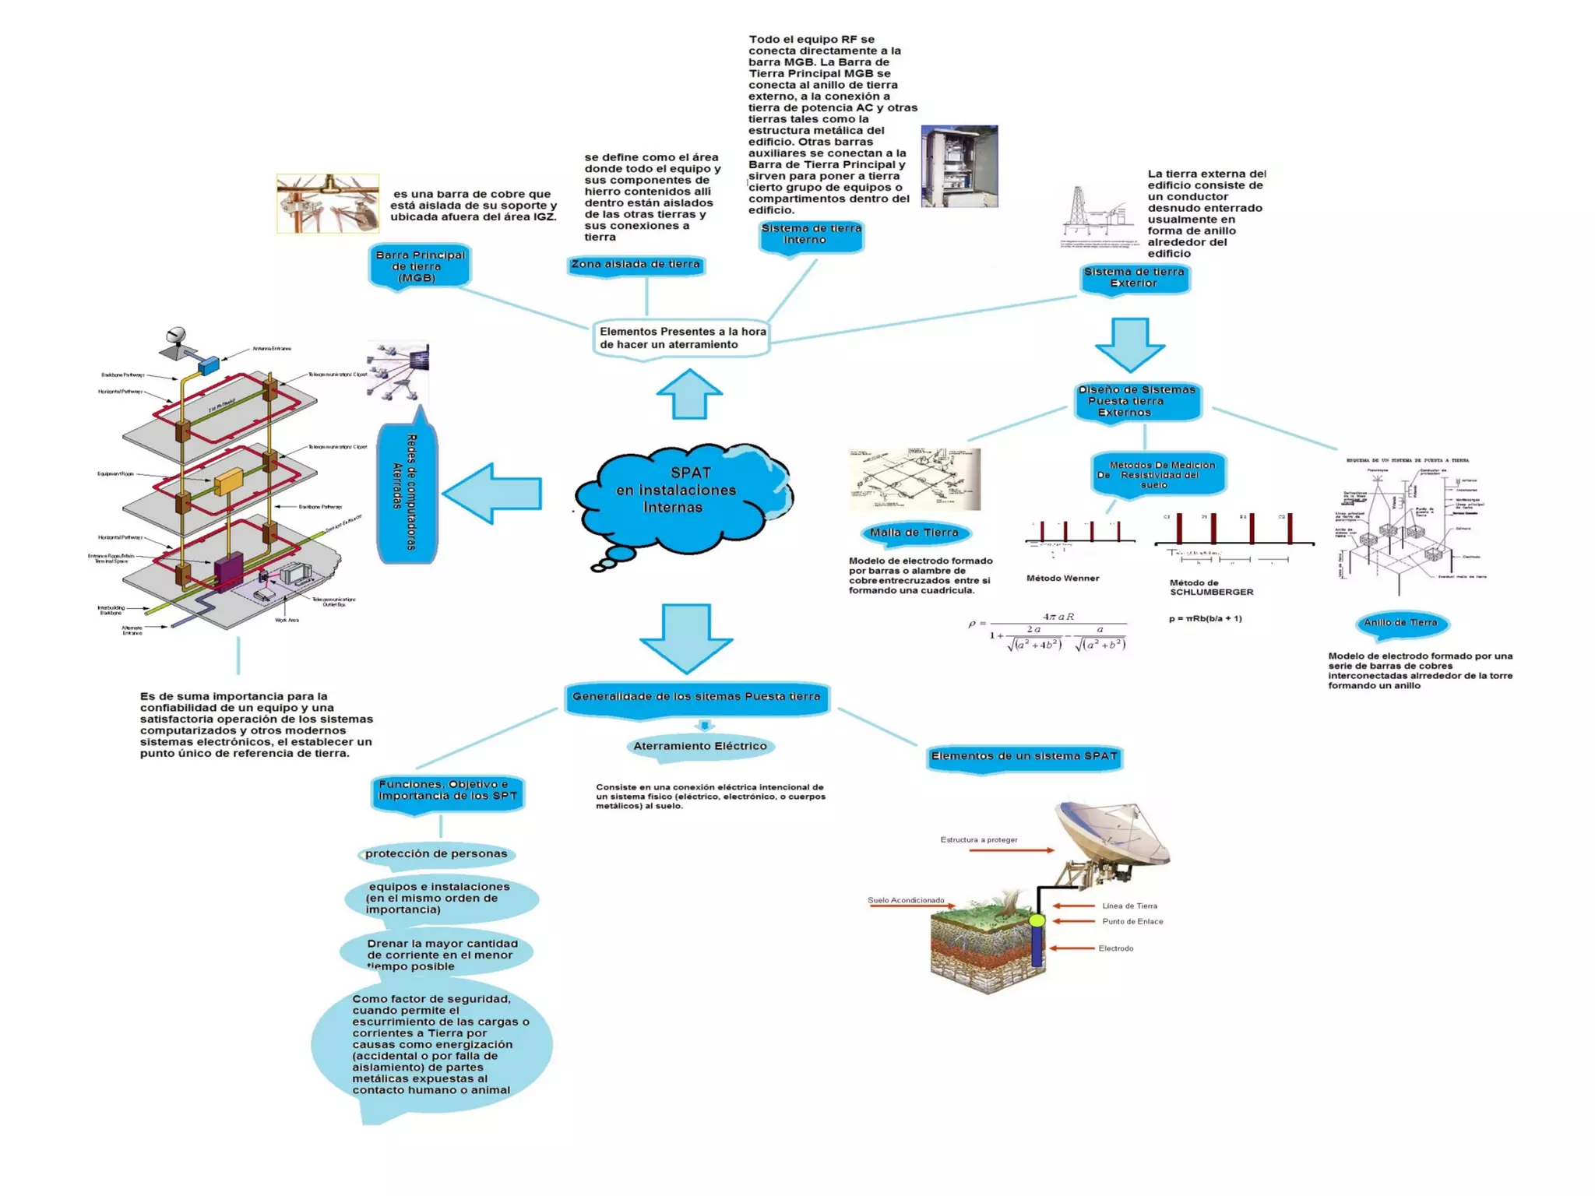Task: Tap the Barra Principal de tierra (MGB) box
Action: [x=420, y=266]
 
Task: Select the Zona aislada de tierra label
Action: [x=636, y=265]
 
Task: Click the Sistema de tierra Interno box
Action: [x=811, y=235]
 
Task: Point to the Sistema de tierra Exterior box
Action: [x=1134, y=278]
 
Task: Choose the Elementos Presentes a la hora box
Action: [x=681, y=338]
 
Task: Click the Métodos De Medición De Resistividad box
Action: [x=1158, y=474]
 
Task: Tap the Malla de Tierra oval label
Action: [x=914, y=533]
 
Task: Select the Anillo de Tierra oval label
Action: [x=1400, y=623]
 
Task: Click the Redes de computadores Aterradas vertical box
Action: [x=406, y=492]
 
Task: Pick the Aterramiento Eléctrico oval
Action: [x=699, y=746]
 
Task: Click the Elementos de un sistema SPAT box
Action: [x=1024, y=756]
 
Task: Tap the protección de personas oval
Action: [x=436, y=853]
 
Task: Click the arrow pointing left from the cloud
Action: [x=494, y=494]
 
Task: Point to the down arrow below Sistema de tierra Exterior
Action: [x=1129, y=343]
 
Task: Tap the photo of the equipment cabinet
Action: [x=959, y=166]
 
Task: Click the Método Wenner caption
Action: [x=1062, y=579]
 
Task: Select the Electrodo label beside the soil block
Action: [x=1115, y=948]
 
